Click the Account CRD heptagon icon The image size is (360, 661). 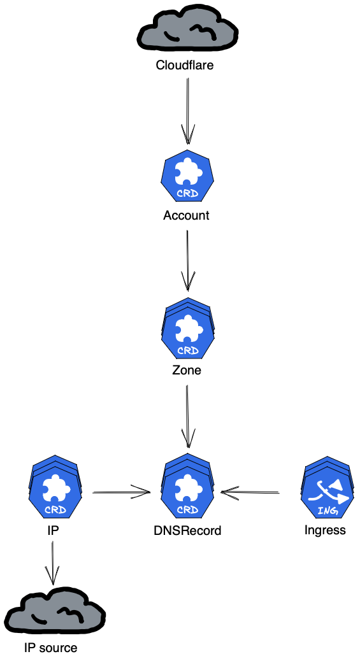(187, 178)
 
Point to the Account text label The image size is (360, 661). (186, 215)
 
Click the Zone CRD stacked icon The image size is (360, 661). (187, 329)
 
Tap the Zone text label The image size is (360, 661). (187, 370)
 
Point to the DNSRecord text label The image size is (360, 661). (187, 530)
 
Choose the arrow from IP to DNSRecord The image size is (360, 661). (121, 492)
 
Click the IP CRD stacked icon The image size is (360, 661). (54, 489)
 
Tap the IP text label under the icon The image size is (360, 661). (54, 529)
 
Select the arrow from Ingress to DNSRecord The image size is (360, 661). (250, 492)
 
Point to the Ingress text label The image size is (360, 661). (325, 530)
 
